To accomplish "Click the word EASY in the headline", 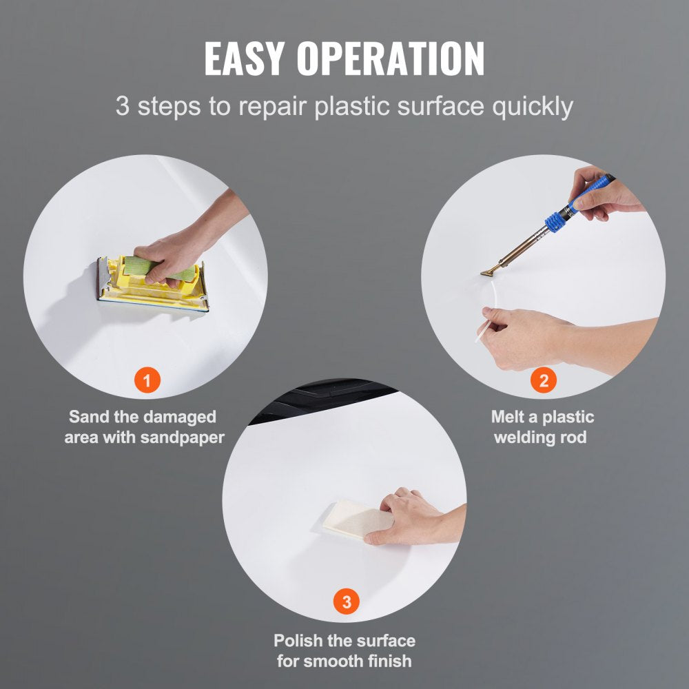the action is (x=245, y=59).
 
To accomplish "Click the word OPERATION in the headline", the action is (x=391, y=59).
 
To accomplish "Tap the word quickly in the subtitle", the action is (x=533, y=107).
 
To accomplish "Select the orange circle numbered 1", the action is (x=147, y=380).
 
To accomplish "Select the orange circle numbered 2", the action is (x=544, y=380).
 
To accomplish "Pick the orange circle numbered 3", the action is (x=347, y=601).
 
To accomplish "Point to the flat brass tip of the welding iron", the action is (x=489, y=272).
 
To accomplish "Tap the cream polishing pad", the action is (x=357, y=520).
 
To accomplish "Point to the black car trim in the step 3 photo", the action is (x=321, y=398).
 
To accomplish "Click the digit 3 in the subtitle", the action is (x=123, y=106).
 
